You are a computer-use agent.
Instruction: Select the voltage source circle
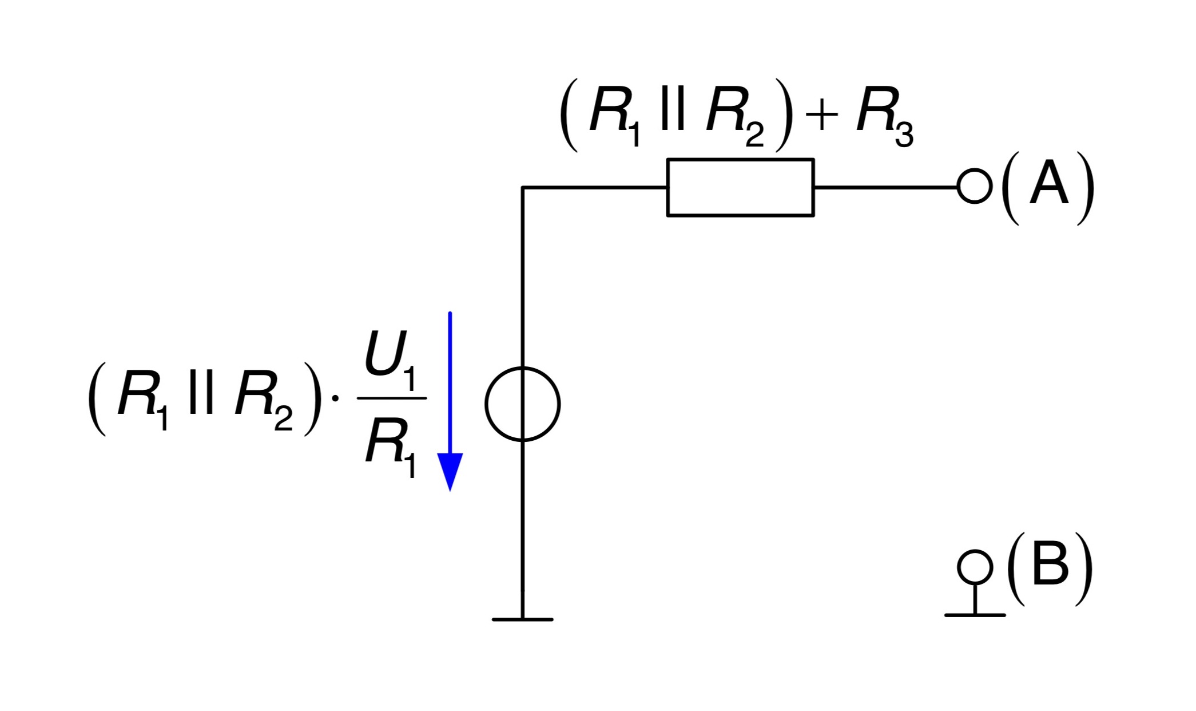click(x=486, y=404)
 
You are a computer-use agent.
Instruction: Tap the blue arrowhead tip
click(x=450, y=491)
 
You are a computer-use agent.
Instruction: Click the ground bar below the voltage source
click(x=522, y=619)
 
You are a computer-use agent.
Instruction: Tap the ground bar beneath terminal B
click(x=975, y=615)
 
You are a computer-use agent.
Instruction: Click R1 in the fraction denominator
click(x=391, y=449)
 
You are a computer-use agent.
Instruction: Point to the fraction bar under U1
click(x=392, y=398)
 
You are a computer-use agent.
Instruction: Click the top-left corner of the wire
click(x=522, y=187)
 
